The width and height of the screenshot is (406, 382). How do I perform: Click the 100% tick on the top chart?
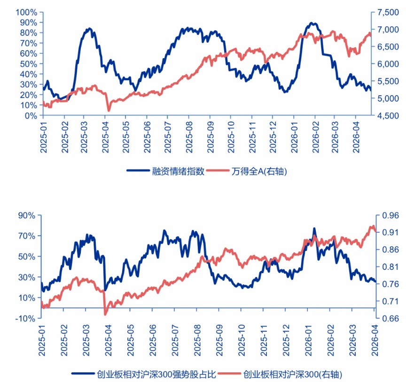27,12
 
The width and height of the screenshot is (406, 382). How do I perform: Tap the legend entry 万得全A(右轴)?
259,171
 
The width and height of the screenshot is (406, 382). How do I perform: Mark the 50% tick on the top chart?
28,64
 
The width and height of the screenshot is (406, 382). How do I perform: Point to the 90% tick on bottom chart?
27,215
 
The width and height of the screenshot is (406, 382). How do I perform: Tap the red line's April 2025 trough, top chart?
109,111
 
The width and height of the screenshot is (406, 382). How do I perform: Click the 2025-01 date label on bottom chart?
42,339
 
